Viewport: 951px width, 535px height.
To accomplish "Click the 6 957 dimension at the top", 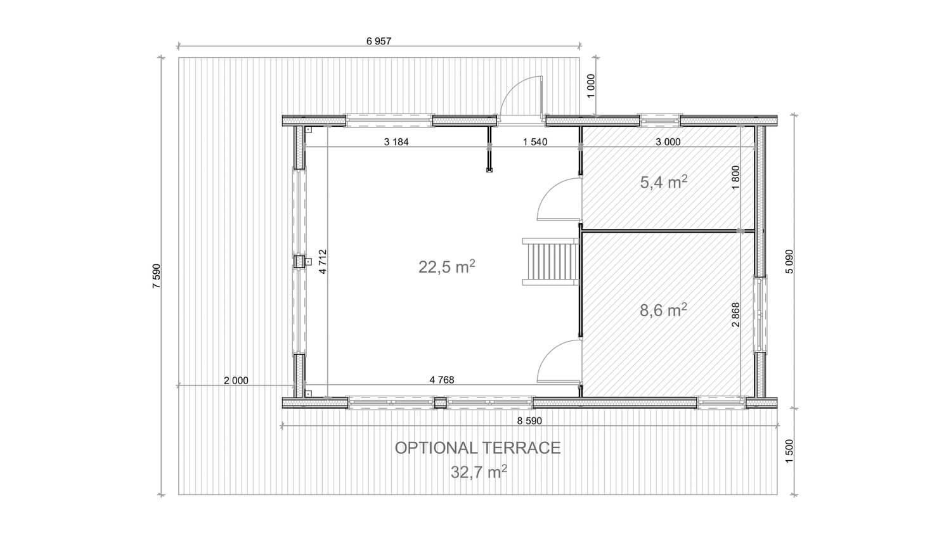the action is [x=378, y=41].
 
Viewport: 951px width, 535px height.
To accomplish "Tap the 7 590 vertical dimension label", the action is [x=157, y=276].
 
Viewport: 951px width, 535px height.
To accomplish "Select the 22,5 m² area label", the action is [x=446, y=267].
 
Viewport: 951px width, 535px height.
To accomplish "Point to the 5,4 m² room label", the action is [x=664, y=182].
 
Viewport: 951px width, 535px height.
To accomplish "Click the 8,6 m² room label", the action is [x=664, y=310].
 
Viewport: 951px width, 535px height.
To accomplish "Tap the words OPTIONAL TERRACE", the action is [x=477, y=448].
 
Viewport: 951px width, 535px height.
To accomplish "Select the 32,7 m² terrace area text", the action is [x=479, y=472].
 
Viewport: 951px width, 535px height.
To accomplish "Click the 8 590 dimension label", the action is [x=529, y=421].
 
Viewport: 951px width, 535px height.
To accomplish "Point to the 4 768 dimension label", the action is [x=442, y=380].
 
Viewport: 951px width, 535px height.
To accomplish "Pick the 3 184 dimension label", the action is [x=396, y=142].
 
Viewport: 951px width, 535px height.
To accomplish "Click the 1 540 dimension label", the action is [x=535, y=142].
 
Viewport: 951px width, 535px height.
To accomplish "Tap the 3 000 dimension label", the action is [x=668, y=142].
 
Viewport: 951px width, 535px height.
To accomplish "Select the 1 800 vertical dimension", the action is [x=735, y=177].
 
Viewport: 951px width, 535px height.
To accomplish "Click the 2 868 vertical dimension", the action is [x=735, y=314].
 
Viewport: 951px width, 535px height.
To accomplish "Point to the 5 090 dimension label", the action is [x=789, y=261].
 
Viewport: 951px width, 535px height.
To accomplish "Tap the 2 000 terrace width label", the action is [x=236, y=381].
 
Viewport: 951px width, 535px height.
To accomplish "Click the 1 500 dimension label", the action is [x=789, y=451].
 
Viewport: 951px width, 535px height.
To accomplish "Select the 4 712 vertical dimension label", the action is [x=322, y=262].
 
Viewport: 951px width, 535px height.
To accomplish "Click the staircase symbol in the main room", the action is [x=550, y=262].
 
